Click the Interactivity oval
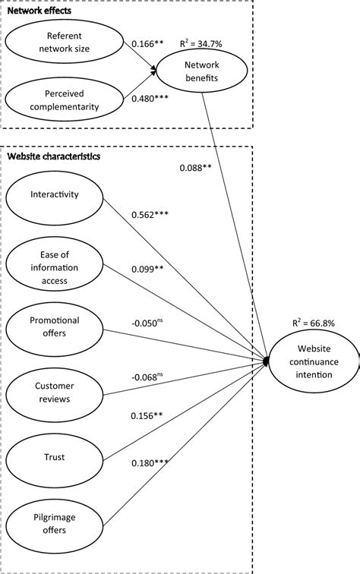click(54, 195)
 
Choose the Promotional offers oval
click(54, 326)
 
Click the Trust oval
click(54, 457)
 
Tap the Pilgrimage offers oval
click(54, 523)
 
